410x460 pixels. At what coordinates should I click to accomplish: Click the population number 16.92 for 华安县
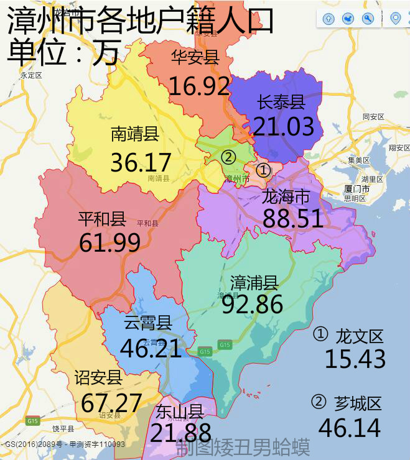[199, 86]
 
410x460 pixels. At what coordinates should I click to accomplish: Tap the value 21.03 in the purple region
[283, 127]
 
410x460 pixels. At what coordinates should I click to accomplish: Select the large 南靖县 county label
[135, 134]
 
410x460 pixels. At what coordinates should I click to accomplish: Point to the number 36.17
[141, 162]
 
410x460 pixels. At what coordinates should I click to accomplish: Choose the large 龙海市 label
[286, 197]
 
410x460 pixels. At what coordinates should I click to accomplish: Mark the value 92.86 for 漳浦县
[252, 304]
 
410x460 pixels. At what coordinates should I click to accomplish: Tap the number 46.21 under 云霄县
[151, 349]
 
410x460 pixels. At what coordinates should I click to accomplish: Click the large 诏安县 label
[98, 377]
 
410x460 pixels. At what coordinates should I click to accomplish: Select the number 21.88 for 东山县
[180, 433]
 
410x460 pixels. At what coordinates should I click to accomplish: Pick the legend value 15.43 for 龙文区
[355, 359]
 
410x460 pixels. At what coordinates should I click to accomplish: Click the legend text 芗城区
[357, 403]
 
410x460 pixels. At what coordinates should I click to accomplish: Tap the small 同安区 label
[373, 116]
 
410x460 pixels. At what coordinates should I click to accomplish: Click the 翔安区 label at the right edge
[399, 147]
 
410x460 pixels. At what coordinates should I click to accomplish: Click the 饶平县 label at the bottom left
[63, 429]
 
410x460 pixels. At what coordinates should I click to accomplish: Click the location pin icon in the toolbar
[394, 19]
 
